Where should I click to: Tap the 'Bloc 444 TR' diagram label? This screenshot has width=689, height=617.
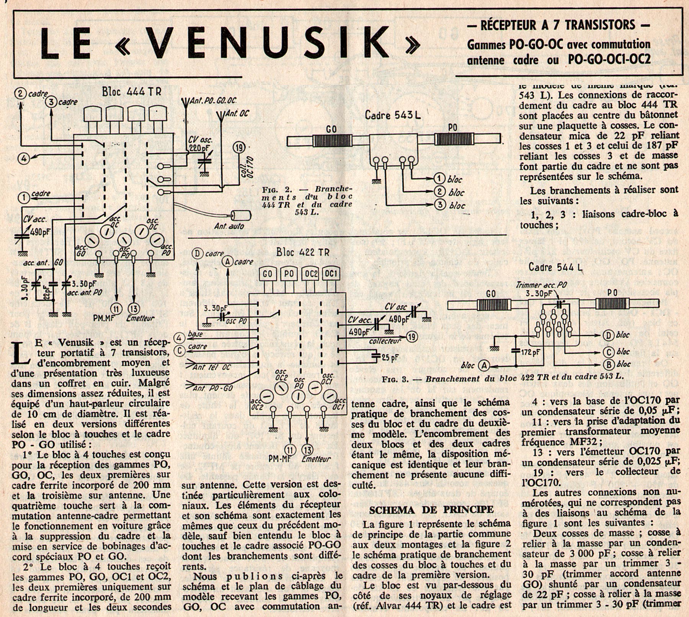click(x=131, y=92)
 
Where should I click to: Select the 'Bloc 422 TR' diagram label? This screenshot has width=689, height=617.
click(x=302, y=253)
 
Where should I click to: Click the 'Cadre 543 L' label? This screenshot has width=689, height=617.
click(x=392, y=115)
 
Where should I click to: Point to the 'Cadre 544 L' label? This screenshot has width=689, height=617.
click(x=555, y=267)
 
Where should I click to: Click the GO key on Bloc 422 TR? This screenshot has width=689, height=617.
click(x=267, y=274)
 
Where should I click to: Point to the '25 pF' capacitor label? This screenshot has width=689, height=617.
click(x=390, y=358)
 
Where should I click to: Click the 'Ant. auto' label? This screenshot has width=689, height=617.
click(x=229, y=226)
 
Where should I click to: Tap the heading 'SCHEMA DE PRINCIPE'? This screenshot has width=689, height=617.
click(x=431, y=509)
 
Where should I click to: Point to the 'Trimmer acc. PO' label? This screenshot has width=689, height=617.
click(x=540, y=285)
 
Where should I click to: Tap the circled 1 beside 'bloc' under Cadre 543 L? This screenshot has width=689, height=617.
click(x=439, y=178)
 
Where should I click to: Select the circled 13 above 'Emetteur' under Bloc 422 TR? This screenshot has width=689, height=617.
click(x=307, y=449)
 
